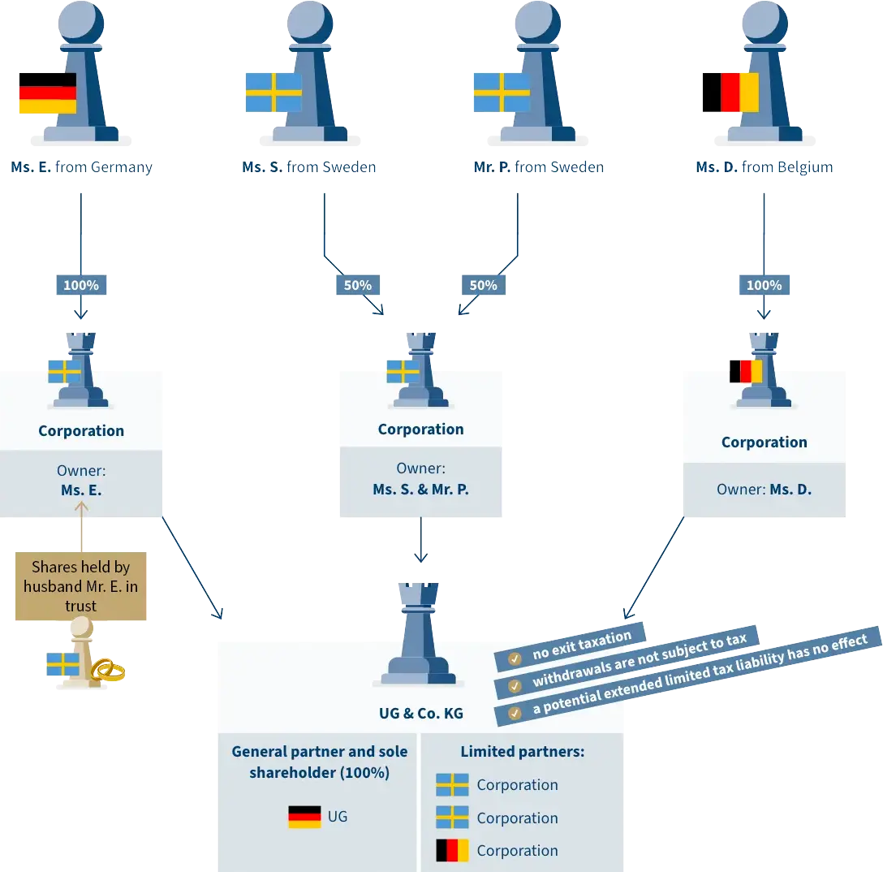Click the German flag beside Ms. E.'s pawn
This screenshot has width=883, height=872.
pos(47,93)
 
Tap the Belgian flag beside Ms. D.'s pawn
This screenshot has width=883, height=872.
pos(730,93)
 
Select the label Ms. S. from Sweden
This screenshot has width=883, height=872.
pos(308,168)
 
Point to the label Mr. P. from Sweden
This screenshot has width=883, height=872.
pos(538,168)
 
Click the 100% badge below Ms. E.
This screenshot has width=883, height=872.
pos(80,285)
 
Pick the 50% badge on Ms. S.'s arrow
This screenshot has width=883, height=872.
pos(357,285)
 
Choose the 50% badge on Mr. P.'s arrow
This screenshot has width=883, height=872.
pos(484,285)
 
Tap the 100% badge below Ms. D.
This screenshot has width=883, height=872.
pos(764,285)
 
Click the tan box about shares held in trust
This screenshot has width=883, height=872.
pos(80,586)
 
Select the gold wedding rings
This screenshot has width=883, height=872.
pos(109,671)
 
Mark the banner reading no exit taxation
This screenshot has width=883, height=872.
pos(573,646)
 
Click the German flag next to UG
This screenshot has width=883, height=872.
pos(304,817)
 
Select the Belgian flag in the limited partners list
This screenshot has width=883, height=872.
pos(452,851)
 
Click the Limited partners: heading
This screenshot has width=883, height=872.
pos(522,752)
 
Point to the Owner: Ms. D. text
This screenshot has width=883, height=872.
pos(764,490)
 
